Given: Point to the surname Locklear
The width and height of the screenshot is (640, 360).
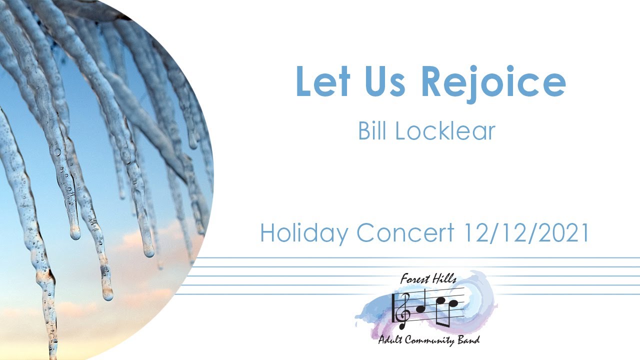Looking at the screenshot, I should tap(445, 130).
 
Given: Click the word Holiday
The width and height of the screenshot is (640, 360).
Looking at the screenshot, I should tap(303, 233).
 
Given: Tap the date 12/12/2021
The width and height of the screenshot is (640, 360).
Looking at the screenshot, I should tap(526, 233).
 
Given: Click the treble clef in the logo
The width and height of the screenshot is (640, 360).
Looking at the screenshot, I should tap(403, 307).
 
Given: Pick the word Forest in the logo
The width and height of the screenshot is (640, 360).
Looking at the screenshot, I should tap(414, 279).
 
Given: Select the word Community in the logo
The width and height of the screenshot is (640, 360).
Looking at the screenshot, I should tap(429, 341).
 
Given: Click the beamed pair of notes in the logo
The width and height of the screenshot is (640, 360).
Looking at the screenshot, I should tap(447, 310).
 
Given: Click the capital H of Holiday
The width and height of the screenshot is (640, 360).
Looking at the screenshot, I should tap(267, 233).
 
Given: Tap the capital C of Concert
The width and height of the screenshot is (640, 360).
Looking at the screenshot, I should tap(366, 233).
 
